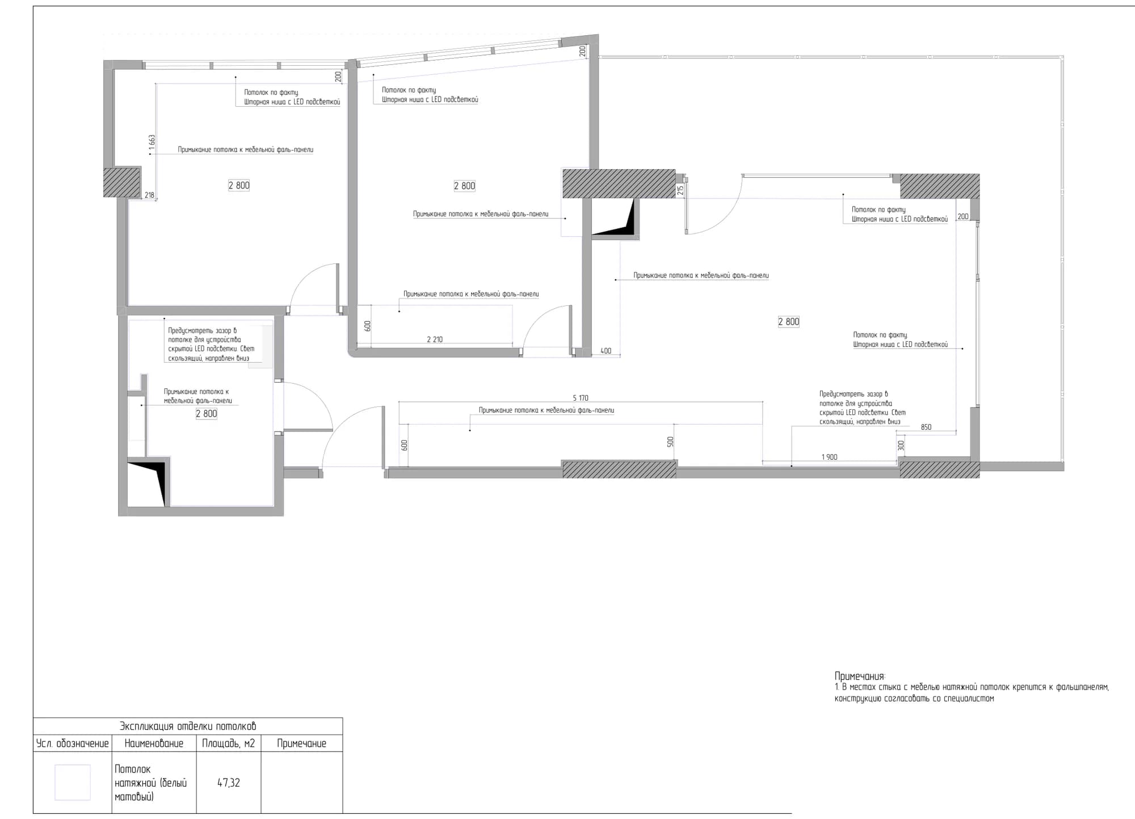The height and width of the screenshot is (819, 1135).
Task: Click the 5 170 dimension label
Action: [x=581, y=398]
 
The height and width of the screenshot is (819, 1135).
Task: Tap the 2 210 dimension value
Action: [x=435, y=339]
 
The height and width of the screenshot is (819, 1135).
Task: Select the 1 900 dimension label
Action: [x=829, y=457]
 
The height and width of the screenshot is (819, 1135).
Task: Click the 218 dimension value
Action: [x=149, y=195]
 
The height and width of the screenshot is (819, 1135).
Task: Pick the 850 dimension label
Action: [x=926, y=427]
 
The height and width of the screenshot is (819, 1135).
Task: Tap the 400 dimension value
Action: [x=606, y=351]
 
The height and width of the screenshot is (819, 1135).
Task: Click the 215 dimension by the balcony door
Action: [x=680, y=191]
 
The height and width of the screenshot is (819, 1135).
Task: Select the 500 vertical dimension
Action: [x=670, y=442]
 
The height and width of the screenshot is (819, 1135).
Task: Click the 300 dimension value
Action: [x=901, y=446]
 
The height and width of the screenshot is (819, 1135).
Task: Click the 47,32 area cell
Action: [x=229, y=783]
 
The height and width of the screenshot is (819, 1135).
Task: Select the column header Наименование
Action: [x=154, y=744]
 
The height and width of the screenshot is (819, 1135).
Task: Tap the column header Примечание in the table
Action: [x=301, y=744]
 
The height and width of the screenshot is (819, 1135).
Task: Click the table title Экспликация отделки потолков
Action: [x=188, y=726]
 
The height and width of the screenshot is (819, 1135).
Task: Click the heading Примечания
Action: [x=860, y=677]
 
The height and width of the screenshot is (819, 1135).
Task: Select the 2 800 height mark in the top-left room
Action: [x=239, y=185]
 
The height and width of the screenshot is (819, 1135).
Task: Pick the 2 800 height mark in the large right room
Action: [x=789, y=322]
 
